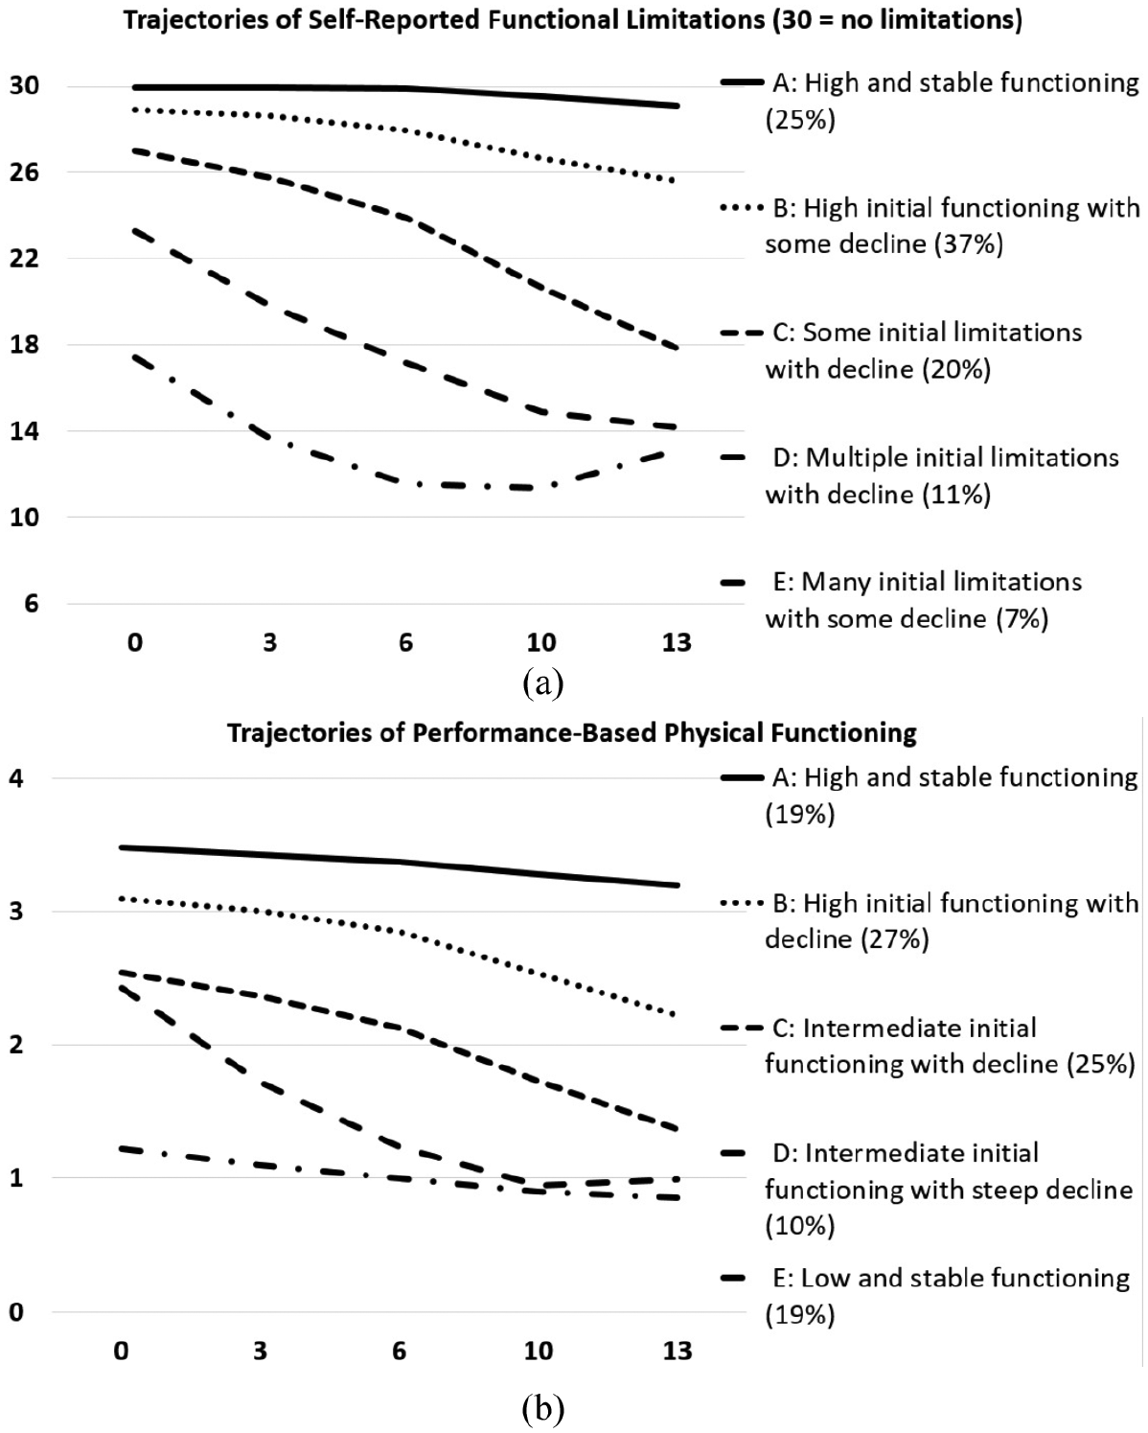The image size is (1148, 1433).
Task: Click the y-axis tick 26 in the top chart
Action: coord(25,173)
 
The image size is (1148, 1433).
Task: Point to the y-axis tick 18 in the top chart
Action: coord(25,345)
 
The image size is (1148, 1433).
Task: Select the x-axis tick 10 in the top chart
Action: coord(541,642)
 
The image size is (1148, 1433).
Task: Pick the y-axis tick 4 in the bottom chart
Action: coord(16,777)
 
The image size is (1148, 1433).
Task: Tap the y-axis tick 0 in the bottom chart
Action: coord(16,1312)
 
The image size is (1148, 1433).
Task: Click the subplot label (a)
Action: coord(543,683)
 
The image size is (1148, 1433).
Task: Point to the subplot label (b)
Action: coord(543,1408)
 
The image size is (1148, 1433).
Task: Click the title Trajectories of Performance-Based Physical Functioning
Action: coord(572,732)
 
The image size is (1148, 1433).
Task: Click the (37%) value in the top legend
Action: coord(969,243)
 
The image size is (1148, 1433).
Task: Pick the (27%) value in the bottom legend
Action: coord(894,939)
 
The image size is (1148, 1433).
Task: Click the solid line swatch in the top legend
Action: coord(743,81)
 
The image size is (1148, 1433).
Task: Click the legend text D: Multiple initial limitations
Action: coord(946,457)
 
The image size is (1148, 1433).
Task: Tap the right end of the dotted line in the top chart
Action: coord(676,180)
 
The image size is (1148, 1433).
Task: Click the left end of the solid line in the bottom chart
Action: coord(120,847)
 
